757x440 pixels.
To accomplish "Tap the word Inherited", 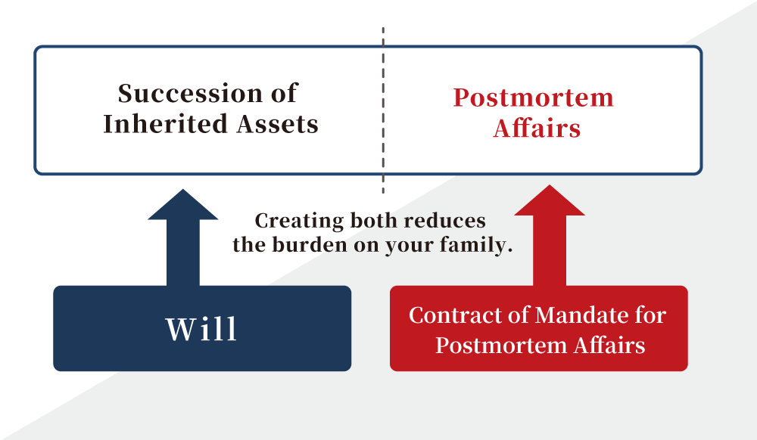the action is click(x=164, y=124).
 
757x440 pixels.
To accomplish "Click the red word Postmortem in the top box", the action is click(x=533, y=98).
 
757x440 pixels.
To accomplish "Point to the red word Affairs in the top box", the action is click(x=537, y=129).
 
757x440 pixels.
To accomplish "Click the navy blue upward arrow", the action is click(x=183, y=237).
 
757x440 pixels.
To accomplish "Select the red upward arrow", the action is click(x=550, y=235).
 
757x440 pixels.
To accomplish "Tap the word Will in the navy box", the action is click(x=201, y=329).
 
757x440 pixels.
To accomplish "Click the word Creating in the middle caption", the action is click(x=299, y=222).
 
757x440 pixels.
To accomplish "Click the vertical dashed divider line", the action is click(x=383, y=110).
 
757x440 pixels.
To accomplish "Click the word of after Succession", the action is click(x=284, y=93).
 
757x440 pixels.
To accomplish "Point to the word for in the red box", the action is click(x=650, y=315).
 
